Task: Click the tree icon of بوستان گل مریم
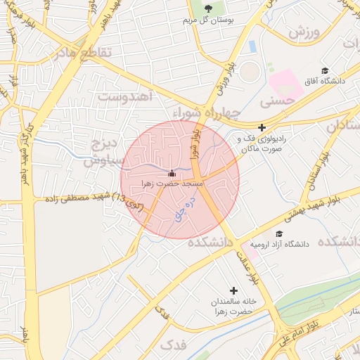209,8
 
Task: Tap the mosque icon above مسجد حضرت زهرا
172,173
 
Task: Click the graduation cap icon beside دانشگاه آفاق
325,71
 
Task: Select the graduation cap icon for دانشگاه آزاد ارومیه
279,234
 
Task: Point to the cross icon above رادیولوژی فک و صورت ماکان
262,128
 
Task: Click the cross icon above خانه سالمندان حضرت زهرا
233,290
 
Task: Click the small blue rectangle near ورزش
252,46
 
